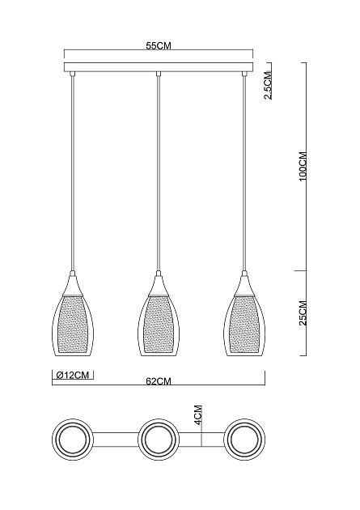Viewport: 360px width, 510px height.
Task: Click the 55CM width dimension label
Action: [158, 48]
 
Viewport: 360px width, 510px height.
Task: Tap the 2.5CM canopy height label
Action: [268, 83]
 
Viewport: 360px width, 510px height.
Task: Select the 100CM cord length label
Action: [303, 166]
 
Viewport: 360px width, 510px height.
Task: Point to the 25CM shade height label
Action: [303, 312]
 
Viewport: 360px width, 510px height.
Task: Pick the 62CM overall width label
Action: [158, 380]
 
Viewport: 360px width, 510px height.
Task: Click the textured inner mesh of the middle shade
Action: [158, 324]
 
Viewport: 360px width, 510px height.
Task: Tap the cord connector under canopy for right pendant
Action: [244, 75]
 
